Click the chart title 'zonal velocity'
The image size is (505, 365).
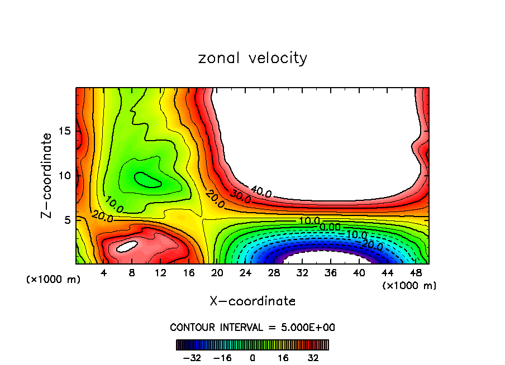point(252,58)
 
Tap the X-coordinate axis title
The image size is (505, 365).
point(252,301)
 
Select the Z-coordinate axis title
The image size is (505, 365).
point(49,175)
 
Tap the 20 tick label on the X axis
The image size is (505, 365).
point(217,273)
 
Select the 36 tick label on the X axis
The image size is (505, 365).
point(331,273)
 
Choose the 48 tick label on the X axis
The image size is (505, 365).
point(416,273)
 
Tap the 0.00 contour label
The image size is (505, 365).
point(330,227)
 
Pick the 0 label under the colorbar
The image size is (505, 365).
point(252,357)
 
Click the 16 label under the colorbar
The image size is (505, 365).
point(283,357)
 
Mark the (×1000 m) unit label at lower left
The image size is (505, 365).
point(54,279)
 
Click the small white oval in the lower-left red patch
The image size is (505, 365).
point(127,245)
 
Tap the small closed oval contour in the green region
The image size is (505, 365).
point(149,179)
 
